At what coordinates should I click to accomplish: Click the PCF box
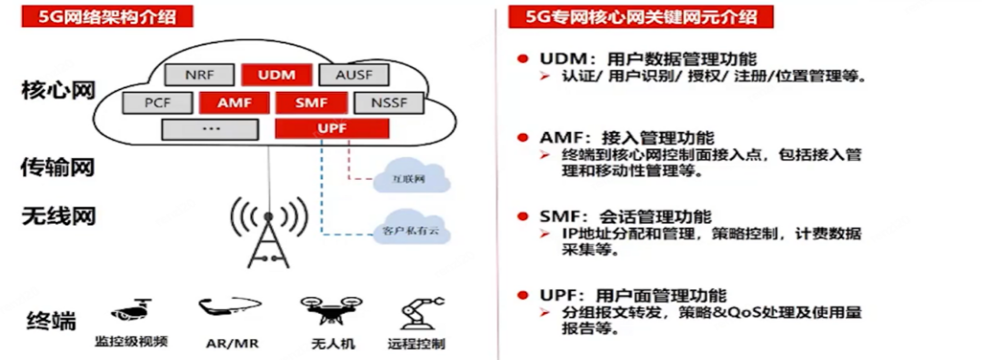(156, 103)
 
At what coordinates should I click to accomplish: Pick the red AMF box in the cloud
(235, 103)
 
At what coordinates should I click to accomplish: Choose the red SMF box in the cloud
(311, 103)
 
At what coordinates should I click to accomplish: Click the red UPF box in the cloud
(332, 128)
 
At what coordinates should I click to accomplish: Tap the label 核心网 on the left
(59, 90)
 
